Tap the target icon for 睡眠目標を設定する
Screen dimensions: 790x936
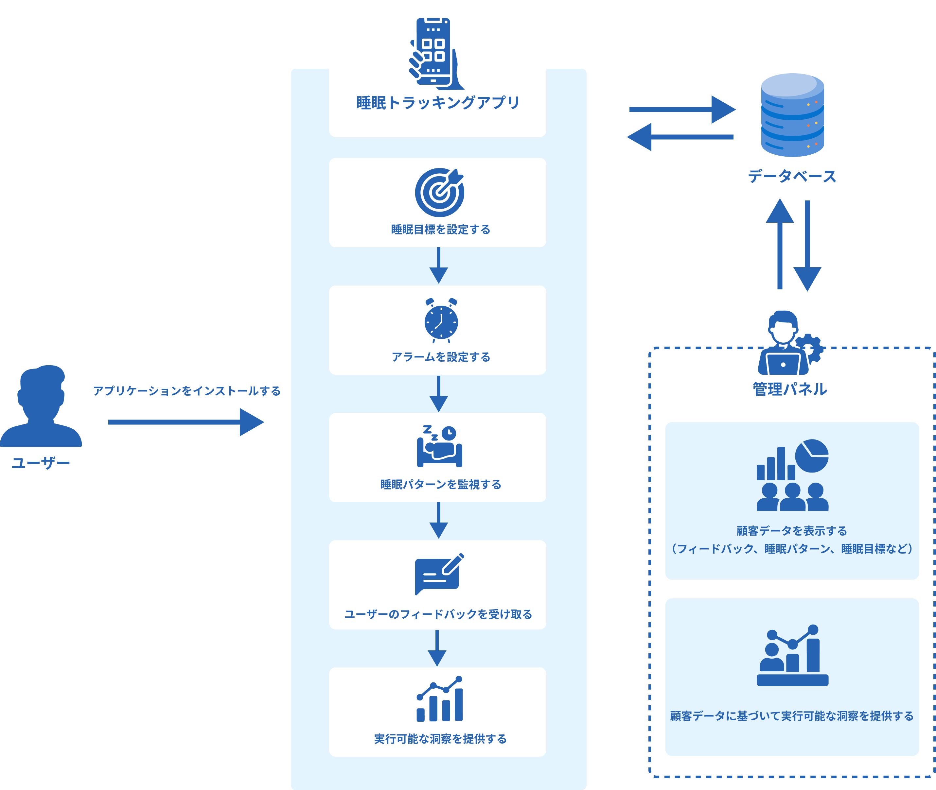439,193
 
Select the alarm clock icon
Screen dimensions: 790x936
441,321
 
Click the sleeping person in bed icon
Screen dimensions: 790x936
439,447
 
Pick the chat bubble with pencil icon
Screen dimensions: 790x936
438,574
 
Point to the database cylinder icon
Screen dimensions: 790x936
792,115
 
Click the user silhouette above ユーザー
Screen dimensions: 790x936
41,406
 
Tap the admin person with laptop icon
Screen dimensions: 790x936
783,344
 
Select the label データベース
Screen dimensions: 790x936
792,176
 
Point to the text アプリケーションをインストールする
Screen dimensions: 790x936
187,391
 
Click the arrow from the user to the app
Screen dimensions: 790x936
186,422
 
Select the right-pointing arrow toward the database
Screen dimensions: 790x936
681,109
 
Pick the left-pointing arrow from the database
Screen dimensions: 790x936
680,137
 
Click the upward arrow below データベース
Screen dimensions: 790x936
780,244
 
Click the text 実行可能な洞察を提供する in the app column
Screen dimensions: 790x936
440,738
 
